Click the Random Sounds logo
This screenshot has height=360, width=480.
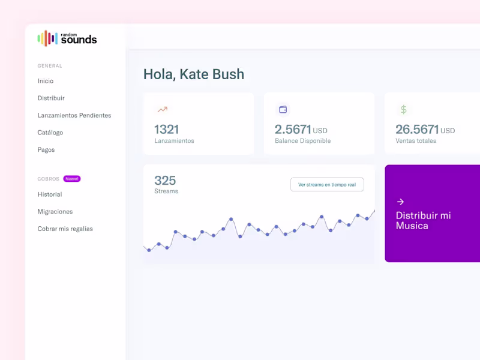pos(67,38)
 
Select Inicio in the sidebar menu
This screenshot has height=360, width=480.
pos(46,81)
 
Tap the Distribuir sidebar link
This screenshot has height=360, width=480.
pos(51,98)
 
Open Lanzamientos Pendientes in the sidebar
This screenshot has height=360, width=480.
pos(74,115)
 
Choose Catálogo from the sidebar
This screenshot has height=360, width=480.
pos(50,133)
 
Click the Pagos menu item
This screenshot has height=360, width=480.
pos(46,149)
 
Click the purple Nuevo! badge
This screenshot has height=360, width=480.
pos(72,179)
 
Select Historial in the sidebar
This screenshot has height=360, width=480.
pos(50,194)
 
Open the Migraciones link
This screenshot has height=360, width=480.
pos(55,212)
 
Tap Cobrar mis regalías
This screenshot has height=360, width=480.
pos(65,229)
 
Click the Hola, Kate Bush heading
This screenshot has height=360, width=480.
pos(194,74)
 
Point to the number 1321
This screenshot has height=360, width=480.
pos(167,129)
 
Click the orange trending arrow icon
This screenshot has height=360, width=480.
pos(162,110)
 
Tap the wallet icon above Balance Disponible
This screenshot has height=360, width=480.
pos(283,110)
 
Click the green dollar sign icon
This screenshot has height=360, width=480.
pos(404,110)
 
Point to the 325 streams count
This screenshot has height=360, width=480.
pos(165,181)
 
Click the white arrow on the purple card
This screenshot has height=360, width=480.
pos(400,202)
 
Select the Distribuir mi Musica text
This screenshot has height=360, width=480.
pos(423,220)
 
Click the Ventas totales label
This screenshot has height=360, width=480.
pos(416,141)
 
